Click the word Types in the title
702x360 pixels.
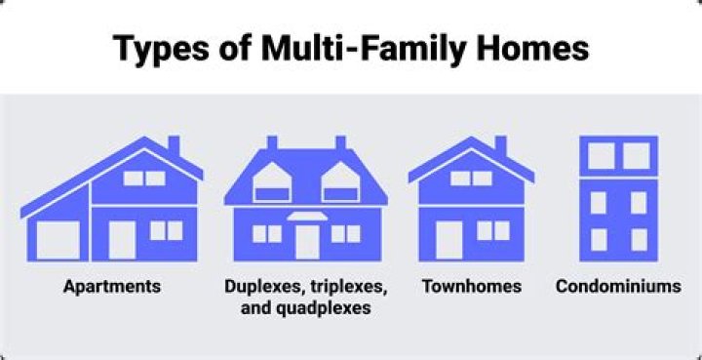154,48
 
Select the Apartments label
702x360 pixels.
112,287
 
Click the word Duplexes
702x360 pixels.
257,287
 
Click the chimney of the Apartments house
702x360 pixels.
174,145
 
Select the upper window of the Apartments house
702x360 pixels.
143,179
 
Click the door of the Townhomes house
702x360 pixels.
448,240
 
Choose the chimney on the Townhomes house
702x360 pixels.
500,145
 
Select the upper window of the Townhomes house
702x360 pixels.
471,179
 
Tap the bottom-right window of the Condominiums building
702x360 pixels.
639,239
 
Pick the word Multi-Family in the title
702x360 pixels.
331,48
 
